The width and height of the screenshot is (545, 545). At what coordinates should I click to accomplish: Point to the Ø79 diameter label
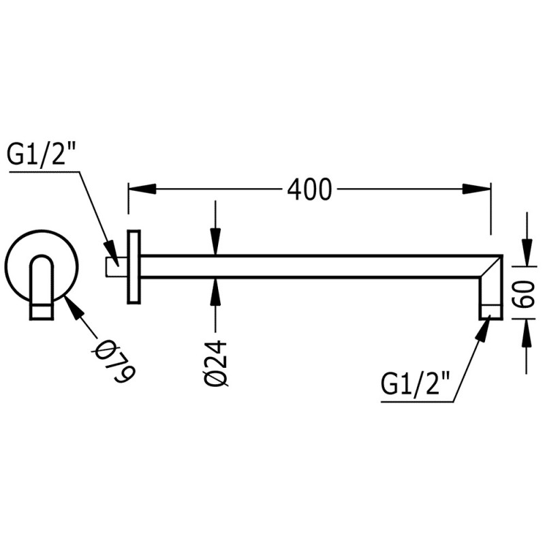tap(116, 360)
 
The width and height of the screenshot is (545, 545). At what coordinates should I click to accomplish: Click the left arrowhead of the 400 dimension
tap(139, 189)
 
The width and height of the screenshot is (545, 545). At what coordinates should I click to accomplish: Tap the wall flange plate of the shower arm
tap(134, 266)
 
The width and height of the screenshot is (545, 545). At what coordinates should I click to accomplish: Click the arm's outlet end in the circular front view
tap(42, 312)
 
